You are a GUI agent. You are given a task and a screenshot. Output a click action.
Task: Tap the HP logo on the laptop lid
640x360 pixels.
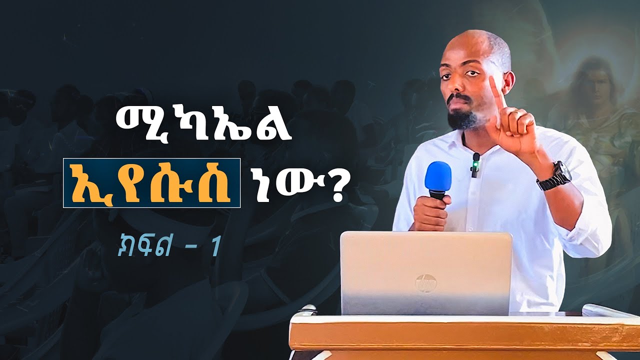pyautogui.click(x=425, y=283)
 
